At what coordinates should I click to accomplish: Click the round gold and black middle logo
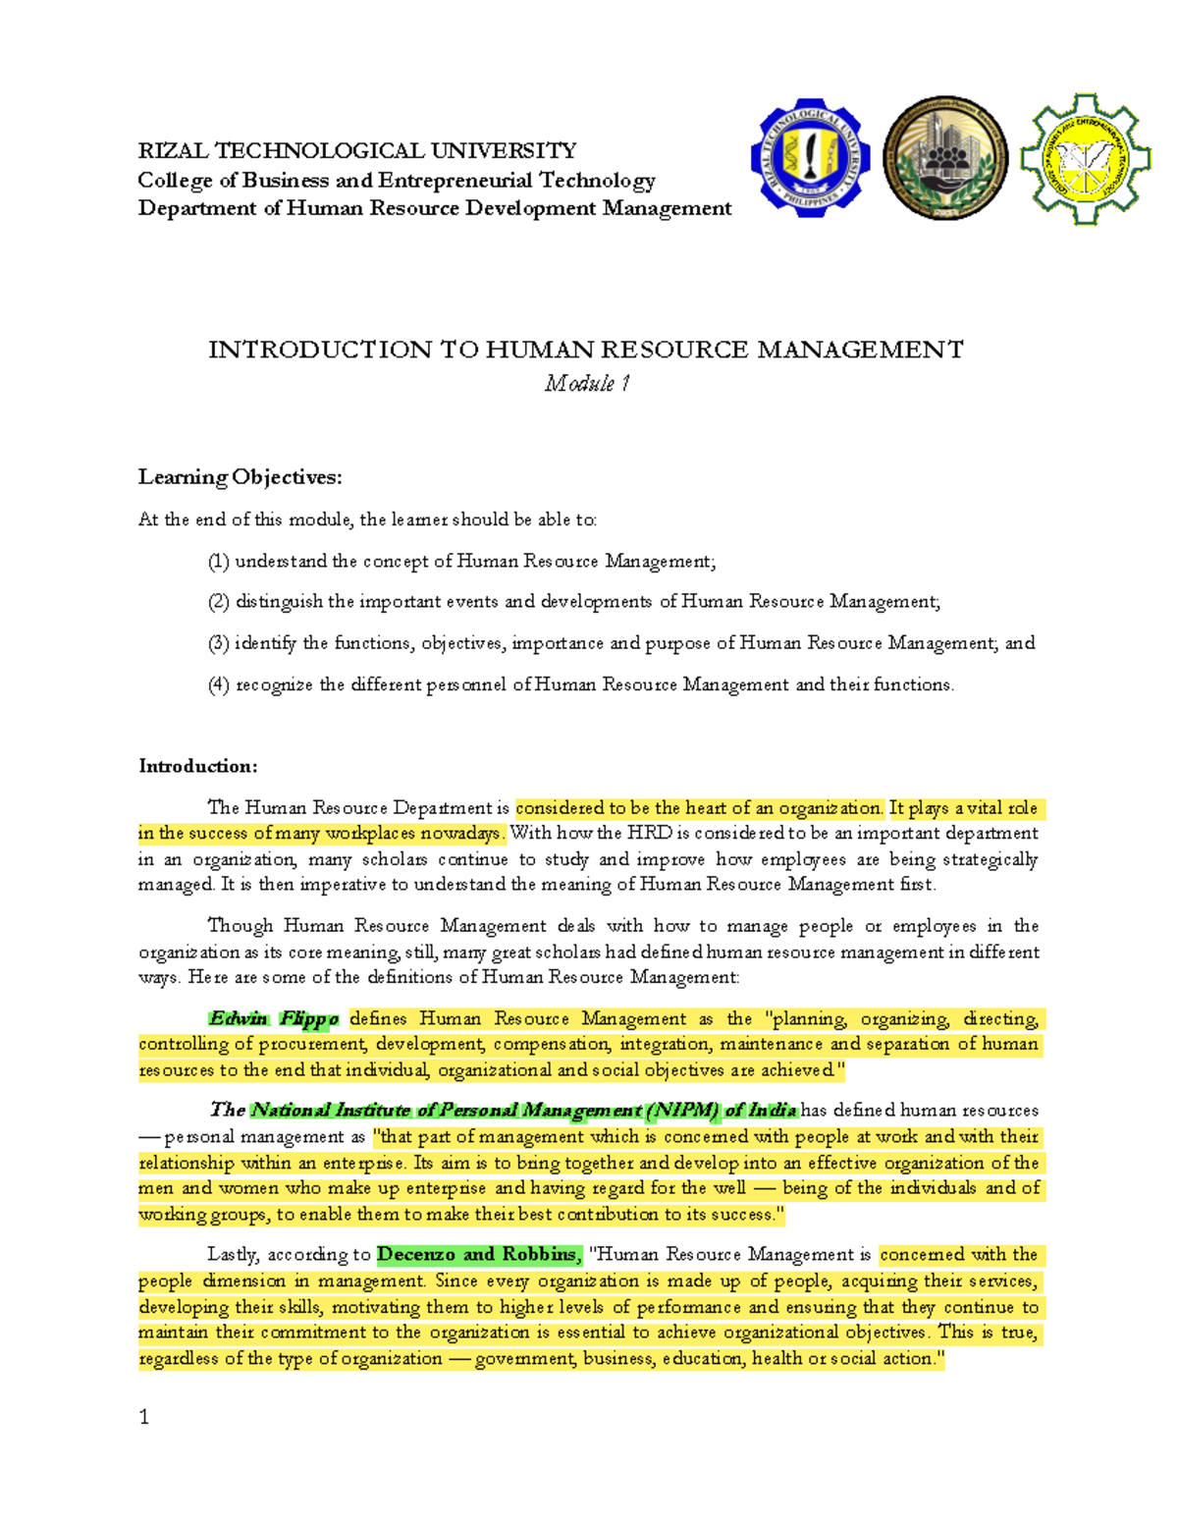[944, 158]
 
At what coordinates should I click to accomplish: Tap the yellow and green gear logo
[1084, 158]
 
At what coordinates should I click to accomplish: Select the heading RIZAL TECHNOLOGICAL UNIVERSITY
[357, 150]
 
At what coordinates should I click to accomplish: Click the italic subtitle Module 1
[587, 383]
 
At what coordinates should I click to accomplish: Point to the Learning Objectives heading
[240, 477]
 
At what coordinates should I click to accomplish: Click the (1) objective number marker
[218, 562]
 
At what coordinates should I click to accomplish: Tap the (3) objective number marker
[218, 643]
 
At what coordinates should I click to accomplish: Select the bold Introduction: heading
[197, 766]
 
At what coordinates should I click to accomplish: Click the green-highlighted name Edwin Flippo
[274, 1018]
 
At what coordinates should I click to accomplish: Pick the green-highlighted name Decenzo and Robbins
[478, 1254]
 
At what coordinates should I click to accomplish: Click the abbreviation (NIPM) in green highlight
[682, 1111]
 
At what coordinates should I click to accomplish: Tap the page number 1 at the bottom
[144, 1416]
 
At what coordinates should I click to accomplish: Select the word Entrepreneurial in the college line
[455, 180]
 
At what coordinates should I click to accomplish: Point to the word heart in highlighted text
[705, 808]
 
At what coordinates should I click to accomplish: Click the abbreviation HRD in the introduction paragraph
[648, 834]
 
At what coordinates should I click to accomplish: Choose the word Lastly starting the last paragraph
[233, 1254]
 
